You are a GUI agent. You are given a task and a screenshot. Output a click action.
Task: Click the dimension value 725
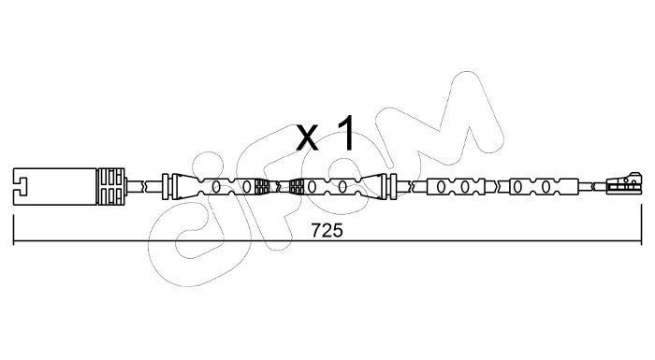[x=327, y=231]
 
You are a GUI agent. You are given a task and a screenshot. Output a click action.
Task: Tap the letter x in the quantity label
[x=307, y=137]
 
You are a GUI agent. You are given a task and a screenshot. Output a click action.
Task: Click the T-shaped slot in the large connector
[x=21, y=187]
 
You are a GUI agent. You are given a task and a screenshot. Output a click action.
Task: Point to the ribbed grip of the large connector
[x=110, y=187]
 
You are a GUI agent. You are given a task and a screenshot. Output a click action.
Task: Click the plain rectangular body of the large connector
[x=55, y=187]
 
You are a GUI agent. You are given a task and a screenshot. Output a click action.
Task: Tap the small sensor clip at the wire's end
[x=623, y=184]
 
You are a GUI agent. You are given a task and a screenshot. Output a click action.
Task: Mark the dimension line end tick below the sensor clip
[x=641, y=224]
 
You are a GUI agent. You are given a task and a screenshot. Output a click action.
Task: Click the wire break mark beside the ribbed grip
[x=144, y=186]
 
